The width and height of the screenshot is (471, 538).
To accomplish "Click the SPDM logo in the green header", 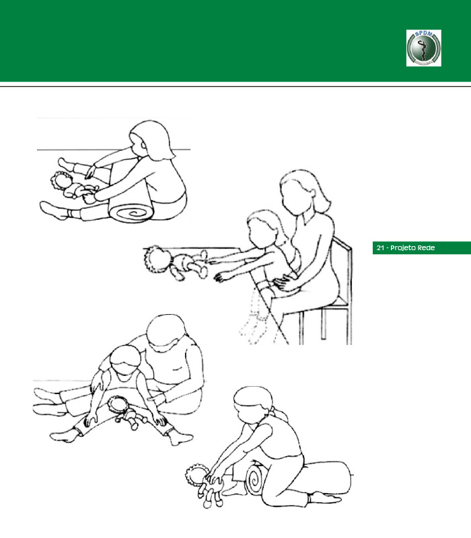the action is [x=424, y=48].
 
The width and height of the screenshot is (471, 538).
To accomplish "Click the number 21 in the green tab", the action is [x=380, y=247].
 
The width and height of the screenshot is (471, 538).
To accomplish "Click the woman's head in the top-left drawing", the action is [x=151, y=139].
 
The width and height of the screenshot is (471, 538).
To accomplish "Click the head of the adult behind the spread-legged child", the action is [x=166, y=333].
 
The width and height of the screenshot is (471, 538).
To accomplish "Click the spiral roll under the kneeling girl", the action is [x=255, y=479].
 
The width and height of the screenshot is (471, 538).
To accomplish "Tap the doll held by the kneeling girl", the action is [x=205, y=484].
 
